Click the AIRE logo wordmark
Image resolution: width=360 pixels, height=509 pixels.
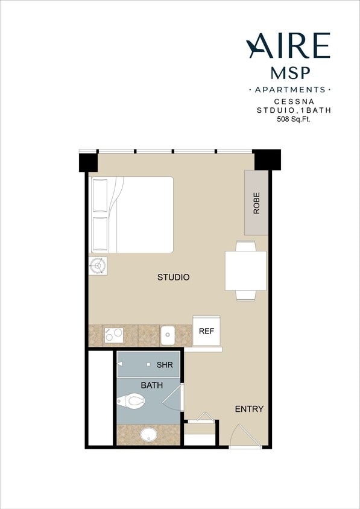[x=288, y=46]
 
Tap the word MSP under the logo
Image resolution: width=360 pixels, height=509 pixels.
[x=291, y=73]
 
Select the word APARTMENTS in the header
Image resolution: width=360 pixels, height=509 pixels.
[x=290, y=90]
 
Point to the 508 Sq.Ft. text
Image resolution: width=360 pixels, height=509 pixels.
[x=292, y=119]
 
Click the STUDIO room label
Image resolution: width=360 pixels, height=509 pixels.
[x=174, y=277]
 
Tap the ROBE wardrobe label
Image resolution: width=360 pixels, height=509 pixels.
[x=256, y=204]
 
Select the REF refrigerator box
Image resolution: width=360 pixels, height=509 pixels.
[x=206, y=331]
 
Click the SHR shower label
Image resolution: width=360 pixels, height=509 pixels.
[x=165, y=365]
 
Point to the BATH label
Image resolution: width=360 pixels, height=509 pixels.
[x=151, y=385]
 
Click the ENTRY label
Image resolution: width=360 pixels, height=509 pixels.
[x=249, y=409]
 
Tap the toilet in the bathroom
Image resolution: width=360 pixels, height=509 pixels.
[x=131, y=399]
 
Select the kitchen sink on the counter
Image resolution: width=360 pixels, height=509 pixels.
[x=168, y=334]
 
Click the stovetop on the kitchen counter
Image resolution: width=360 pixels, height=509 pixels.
[x=113, y=334]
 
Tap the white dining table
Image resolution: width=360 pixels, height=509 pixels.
[x=245, y=270]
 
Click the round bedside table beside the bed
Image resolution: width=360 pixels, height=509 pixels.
[x=98, y=265]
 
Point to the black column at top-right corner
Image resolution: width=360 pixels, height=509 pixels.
[x=267, y=160]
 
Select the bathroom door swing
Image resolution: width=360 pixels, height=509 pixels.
[x=175, y=398]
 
